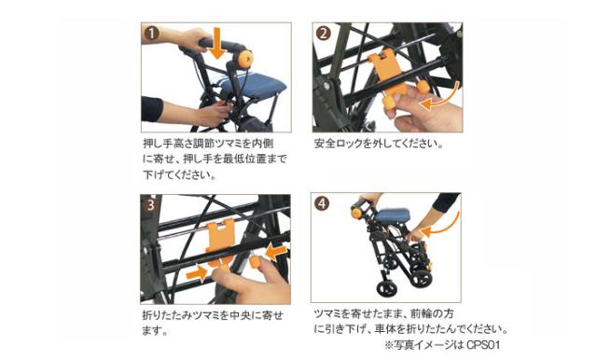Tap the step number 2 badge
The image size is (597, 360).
324,35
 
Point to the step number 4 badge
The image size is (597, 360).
324,204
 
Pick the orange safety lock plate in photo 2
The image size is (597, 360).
385,72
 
